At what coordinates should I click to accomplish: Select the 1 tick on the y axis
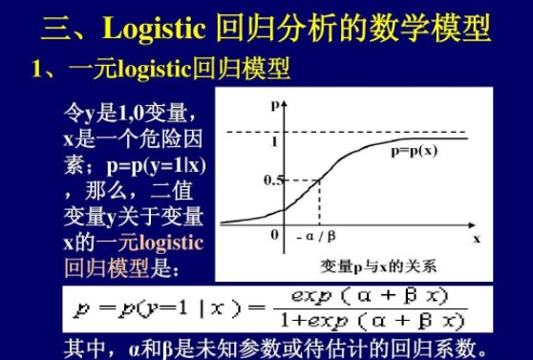274,141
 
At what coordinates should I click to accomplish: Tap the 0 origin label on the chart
275,234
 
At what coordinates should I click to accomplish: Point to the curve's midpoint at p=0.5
318,180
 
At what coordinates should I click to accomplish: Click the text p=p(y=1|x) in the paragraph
158,164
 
